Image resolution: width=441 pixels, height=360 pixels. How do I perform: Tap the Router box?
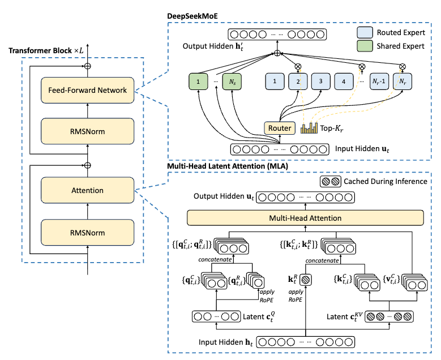tap(279, 128)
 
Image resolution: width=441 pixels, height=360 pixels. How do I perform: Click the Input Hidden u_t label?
tap(360, 149)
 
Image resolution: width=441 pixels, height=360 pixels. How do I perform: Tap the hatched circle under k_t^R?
tap(306, 295)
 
